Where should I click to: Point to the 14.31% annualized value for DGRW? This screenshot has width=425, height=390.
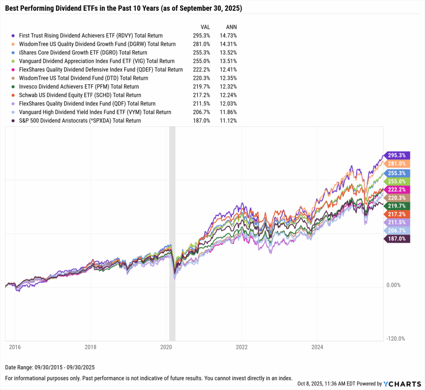[228, 44]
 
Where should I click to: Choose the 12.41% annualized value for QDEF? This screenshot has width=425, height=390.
[228, 70]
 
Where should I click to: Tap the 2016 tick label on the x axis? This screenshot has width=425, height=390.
[15, 347]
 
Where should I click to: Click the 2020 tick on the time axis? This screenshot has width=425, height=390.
[166, 347]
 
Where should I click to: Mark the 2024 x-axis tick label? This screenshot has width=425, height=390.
[317, 347]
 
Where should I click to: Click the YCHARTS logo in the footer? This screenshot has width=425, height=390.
[400, 384]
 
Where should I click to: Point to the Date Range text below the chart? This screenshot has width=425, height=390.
[50, 368]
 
